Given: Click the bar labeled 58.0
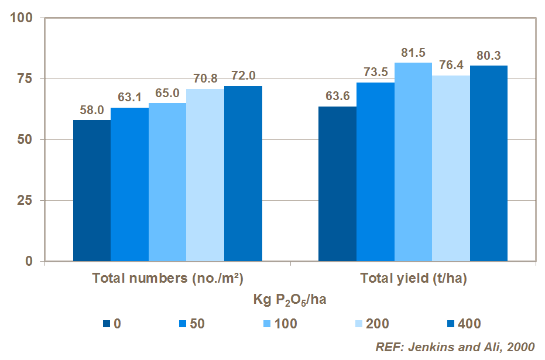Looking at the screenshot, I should click(92, 190).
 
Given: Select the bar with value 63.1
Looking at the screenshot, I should click(129, 184).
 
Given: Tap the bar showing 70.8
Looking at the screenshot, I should click(205, 174).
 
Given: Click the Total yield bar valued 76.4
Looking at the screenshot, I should click(451, 168).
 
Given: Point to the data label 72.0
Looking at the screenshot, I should click(243, 76).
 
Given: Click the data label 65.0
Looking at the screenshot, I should click(167, 93).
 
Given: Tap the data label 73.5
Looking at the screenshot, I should click(375, 73).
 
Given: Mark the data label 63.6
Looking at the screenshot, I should click(337, 97).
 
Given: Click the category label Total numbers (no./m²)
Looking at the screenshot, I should click(167, 279).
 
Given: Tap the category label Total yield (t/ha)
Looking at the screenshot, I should click(413, 279).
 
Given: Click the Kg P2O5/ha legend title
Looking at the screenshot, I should click(290, 301).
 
